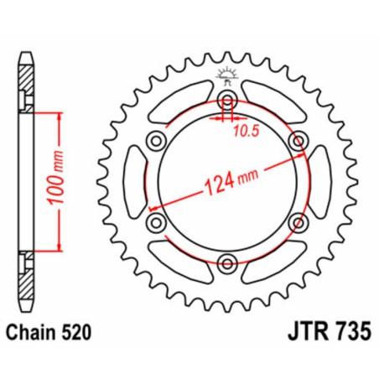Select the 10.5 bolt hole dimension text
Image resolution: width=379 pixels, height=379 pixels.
point(241,131)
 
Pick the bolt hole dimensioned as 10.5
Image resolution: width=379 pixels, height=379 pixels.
point(226,101)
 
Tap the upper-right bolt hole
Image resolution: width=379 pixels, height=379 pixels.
point(297,142)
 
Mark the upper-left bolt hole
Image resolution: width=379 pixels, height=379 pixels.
point(156,142)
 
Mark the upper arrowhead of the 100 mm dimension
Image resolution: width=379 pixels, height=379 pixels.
point(57,113)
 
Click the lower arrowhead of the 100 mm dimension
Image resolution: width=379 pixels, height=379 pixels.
point(57,249)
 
